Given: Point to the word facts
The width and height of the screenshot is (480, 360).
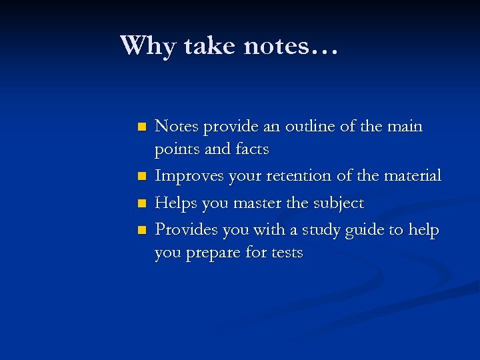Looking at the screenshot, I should coord(251,149).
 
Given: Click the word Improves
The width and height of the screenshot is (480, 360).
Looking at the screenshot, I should coord(189,176).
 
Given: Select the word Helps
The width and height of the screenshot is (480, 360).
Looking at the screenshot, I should coord(175,203).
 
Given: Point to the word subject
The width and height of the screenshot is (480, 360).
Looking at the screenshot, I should coord(339,203).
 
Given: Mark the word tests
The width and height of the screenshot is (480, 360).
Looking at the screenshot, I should coord(286,253).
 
